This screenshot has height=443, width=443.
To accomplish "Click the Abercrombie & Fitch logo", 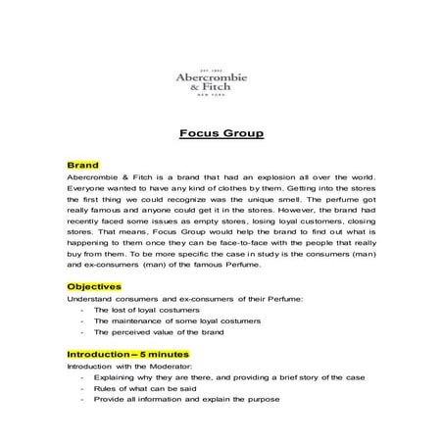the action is [221, 82].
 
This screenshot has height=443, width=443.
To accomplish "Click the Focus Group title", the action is [221, 135].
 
